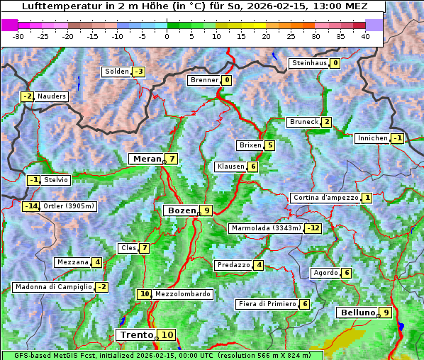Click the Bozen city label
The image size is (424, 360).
pos(180,210)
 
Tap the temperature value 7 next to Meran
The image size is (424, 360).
pos(172,159)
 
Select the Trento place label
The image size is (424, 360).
pos(137,334)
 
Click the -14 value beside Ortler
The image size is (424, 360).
pos(30,206)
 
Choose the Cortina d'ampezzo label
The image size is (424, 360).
pos(325,198)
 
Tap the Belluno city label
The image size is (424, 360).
pos(357,313)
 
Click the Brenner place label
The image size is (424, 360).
pos(204,80)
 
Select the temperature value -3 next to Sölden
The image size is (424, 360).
pos(139,72)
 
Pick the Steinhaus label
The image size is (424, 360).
pos(309,63)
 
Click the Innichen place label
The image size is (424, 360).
pos(372,138)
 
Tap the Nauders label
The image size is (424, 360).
pos(52,96)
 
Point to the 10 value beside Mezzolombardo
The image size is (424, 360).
pos(144,294)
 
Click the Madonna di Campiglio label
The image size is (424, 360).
pos(52,287)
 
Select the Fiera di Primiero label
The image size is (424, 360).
pos(267,304)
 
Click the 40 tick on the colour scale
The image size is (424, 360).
pos(365,36)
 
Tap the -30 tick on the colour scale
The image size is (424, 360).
pos(18,36)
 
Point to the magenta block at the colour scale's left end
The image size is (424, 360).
pos(9,25)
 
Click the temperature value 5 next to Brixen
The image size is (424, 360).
pos(270,145)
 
